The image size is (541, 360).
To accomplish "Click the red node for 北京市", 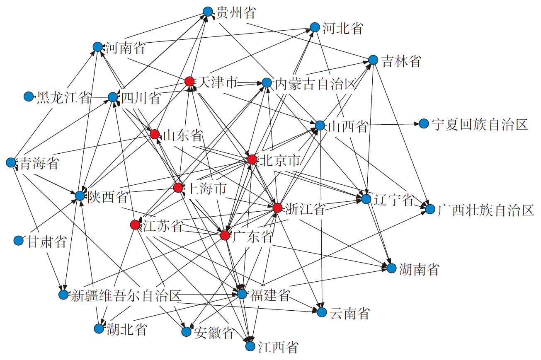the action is (x=252, y=159).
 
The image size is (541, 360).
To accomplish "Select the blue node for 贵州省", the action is (x=208, y=11).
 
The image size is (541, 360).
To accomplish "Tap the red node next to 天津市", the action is (x=189, y=81).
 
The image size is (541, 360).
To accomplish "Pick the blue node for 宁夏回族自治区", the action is (x=424, y=123).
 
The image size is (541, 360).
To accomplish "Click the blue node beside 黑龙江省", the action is (x=29, y=97).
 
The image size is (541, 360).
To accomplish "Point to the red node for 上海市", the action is (x=178, y=188).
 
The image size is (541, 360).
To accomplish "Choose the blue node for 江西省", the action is (x=250, y=346).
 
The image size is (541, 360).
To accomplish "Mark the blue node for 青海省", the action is (x=11, y=163).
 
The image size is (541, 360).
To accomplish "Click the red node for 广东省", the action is (x=225, y=235).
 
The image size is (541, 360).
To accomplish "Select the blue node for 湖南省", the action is (x=391, y=268).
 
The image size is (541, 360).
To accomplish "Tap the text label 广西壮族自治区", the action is (x=485, y=210).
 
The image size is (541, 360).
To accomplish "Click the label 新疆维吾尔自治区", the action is (x=126, y=295).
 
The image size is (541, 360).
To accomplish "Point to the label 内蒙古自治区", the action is (x=315, y=84).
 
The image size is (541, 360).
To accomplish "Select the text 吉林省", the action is (x=401, y=61).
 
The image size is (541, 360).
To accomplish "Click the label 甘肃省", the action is (x=46, y=242).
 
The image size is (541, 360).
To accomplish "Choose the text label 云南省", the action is (x=350, y=313).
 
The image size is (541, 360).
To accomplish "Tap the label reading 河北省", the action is (x=343, y=28).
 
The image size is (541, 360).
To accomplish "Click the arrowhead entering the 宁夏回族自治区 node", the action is (x=416, y=124).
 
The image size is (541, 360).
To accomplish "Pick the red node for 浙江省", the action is (x=277, y=208).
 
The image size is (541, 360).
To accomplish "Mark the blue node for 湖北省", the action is (x=99, y=329).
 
